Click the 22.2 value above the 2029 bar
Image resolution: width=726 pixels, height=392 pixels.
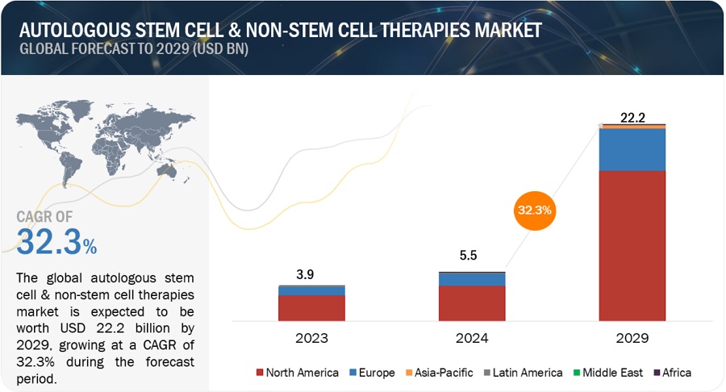[x=632, y=118]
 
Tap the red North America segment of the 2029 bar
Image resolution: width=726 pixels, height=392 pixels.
[x=632, y=246]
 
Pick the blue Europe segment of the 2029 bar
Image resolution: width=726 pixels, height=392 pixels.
[x=632, y=149]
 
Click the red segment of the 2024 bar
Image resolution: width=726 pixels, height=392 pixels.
[x=472, y=303]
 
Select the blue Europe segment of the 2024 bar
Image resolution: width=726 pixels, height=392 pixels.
[x=472, y=279]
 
